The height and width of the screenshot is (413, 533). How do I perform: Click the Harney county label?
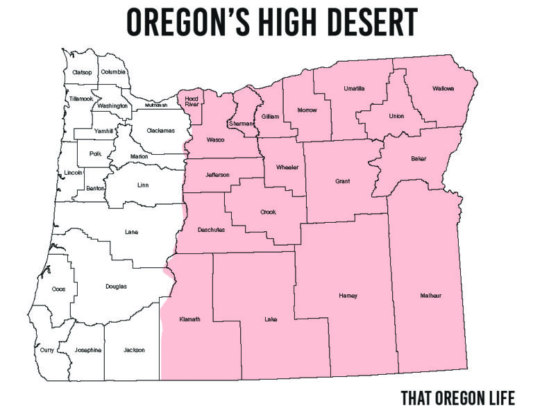(x=348, y=296)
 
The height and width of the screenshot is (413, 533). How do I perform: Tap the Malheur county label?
(x=430, y=296)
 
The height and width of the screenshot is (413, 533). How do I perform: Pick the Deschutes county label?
(x=211, y=229)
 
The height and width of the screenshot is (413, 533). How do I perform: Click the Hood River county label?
(x=192, y=103)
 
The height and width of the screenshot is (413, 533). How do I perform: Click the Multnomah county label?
(x=156, y=106)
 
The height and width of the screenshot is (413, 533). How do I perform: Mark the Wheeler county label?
(x=287, y=167)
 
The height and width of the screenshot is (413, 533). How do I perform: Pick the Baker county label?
(x=418, y=159)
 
